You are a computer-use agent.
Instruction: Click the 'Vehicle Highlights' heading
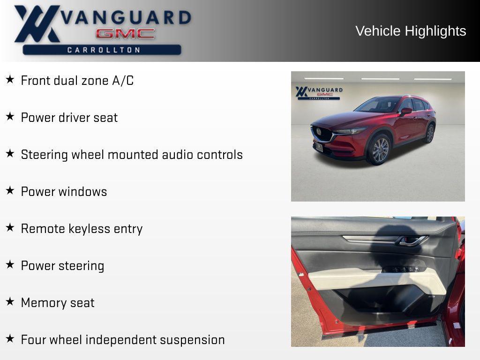(x=411, y=31)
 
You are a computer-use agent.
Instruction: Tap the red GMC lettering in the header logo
(x=125, y=34)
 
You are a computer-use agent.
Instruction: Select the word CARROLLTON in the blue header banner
(x=104, y=50)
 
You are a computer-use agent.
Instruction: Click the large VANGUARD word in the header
(x=126, y=17)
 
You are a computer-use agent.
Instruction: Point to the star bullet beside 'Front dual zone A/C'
(x=10, y=79)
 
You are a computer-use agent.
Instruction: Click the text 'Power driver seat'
(x=69, y=118)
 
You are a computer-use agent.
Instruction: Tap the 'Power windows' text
(x=64, y=192)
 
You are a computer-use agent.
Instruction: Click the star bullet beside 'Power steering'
(x=10, y=264)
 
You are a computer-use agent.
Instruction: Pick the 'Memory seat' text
(x=58, y=303)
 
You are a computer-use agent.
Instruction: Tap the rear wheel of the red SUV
(x=430, y=134)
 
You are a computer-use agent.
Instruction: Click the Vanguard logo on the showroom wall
(x=319, y=93)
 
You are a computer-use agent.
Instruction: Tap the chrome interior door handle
(x=411, y=241)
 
